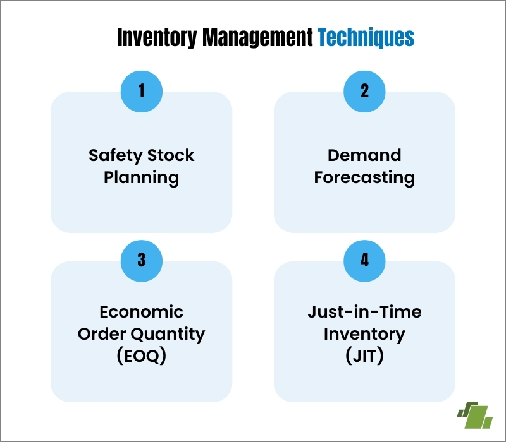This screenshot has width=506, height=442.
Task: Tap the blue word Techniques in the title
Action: point(366,38)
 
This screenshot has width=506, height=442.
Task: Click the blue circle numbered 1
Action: point(142,90)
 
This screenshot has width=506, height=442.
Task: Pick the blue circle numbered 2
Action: point(364,90)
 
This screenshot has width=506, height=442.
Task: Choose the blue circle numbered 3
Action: point(142,260)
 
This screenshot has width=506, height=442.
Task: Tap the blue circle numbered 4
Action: point(364,260)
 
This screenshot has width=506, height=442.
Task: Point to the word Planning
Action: point(142,177)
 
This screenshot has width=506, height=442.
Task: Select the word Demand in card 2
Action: point(364,155)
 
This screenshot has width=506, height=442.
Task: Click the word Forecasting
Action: point(364,177)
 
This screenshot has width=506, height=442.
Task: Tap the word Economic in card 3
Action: point(142,312)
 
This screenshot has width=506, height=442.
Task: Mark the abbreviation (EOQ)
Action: point(142,356)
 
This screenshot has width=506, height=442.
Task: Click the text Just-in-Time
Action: point(364,312)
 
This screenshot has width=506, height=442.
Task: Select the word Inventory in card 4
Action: point(364,334)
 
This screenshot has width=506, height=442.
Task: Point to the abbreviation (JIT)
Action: point(364,356)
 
